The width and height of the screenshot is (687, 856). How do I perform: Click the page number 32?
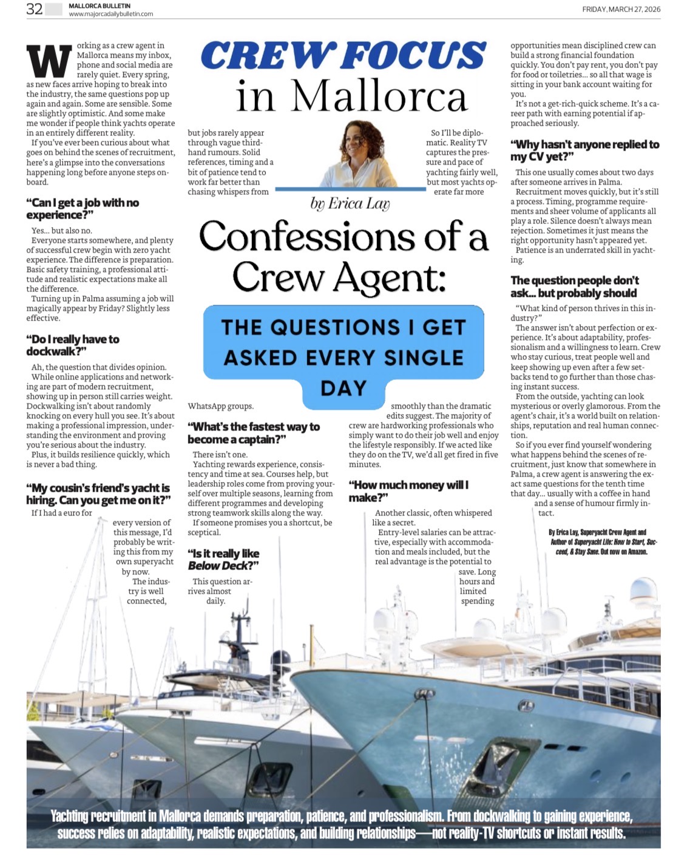coord(34,8)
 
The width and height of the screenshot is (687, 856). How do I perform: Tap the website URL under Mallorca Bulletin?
coord(110,14)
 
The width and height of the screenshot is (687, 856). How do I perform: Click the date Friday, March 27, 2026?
coord(621,9)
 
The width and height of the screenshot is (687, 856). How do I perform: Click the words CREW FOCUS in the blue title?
coord(343,55)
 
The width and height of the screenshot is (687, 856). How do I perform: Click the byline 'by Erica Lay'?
coord(350,203)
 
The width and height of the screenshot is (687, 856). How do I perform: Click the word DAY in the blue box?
coord(343,388)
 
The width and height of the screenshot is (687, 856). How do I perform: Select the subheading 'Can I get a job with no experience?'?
coord(83,208)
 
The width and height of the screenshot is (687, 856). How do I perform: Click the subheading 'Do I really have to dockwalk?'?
coord(73,345)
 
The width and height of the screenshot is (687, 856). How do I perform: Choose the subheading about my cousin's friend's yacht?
coord(98,494)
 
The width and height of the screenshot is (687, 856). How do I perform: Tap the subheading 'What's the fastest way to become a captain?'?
coord(253,433)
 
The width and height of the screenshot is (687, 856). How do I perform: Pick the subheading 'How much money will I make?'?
coord(408,491)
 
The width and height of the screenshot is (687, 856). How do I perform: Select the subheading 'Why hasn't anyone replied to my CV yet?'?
coord(584,150)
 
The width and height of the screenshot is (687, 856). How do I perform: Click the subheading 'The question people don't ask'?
coord(574,287)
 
